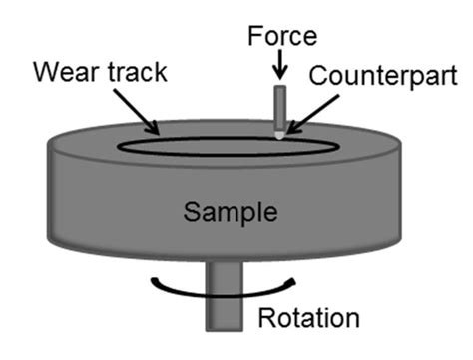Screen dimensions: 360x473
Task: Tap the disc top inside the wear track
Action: tap(220, 145)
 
